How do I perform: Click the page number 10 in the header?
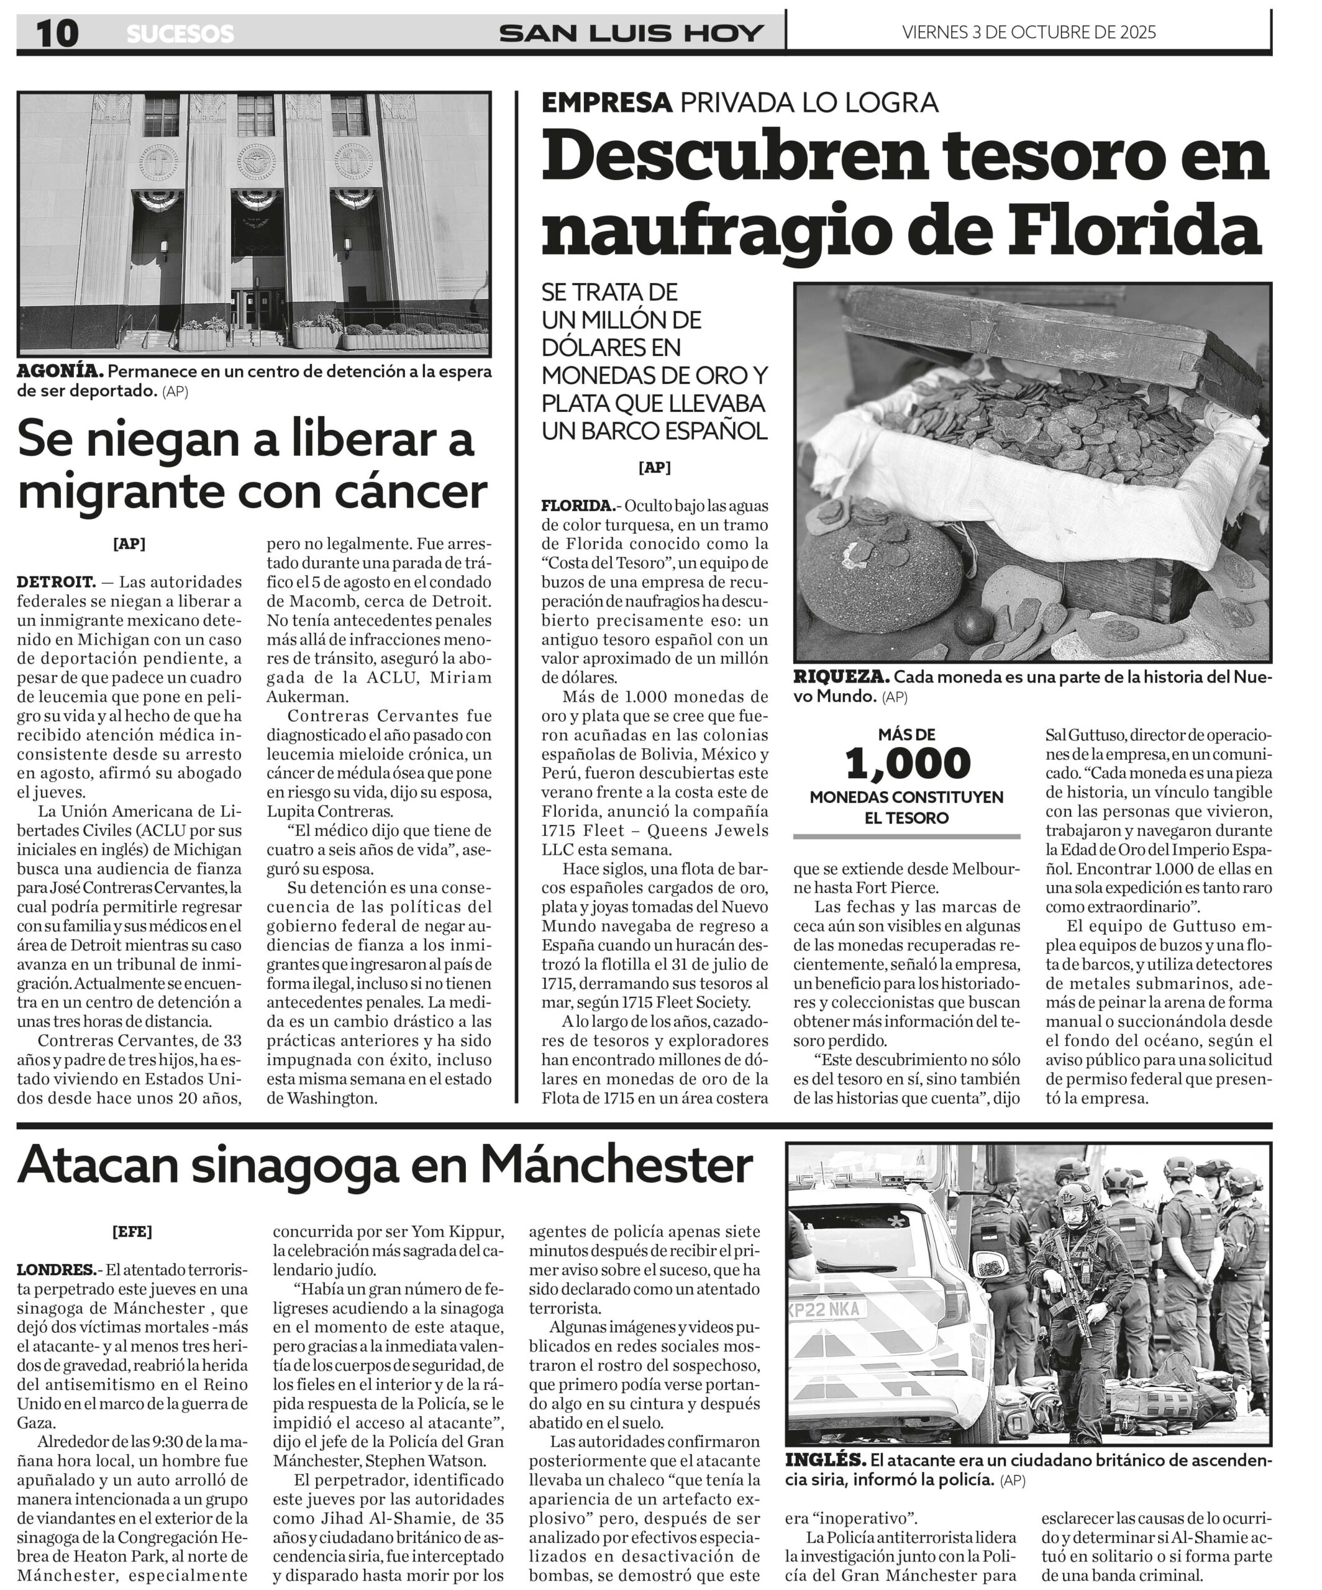(x=57, y=34)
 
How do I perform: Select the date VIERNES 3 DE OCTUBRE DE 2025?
(x=1029, y=32)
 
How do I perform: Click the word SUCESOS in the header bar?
(x=180, y=34)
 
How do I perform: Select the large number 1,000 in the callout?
(x=907, y=763)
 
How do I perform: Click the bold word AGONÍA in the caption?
(x=60, y=372)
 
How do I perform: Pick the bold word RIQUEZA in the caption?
(x=841, y=677)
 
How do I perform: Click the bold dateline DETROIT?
(x=56, y=582)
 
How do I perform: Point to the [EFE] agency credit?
(x=132, y=1232)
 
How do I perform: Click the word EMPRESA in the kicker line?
(x=606, y=102)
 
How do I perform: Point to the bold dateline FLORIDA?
(x=577, y=506)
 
